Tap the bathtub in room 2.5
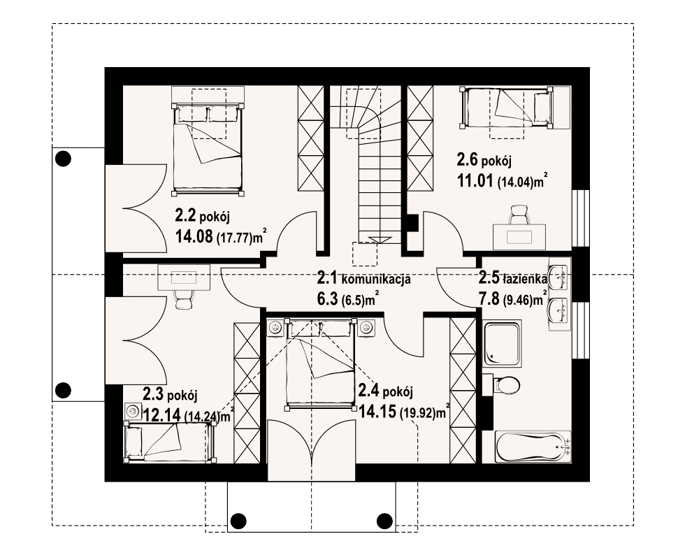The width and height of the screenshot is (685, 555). (533, 446)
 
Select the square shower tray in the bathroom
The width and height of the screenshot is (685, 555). (502, 344)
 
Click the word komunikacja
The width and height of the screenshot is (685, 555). (376, 279)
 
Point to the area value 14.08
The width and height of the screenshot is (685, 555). (194, 237)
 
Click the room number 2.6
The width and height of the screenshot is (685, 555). (468, 159)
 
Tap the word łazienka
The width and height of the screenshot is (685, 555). (524, 277)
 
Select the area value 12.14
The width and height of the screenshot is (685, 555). (161, 415)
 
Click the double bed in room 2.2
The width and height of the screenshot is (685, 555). (208, 149)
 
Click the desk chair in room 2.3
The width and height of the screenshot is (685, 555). (184, 299)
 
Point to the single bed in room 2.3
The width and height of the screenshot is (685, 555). (170, 441)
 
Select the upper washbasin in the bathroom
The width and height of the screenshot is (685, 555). (558, 276)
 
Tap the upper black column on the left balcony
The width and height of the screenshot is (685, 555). (64, 159)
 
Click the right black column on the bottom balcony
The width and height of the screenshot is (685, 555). (384, 521)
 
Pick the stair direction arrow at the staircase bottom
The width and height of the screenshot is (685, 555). (375, 240)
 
